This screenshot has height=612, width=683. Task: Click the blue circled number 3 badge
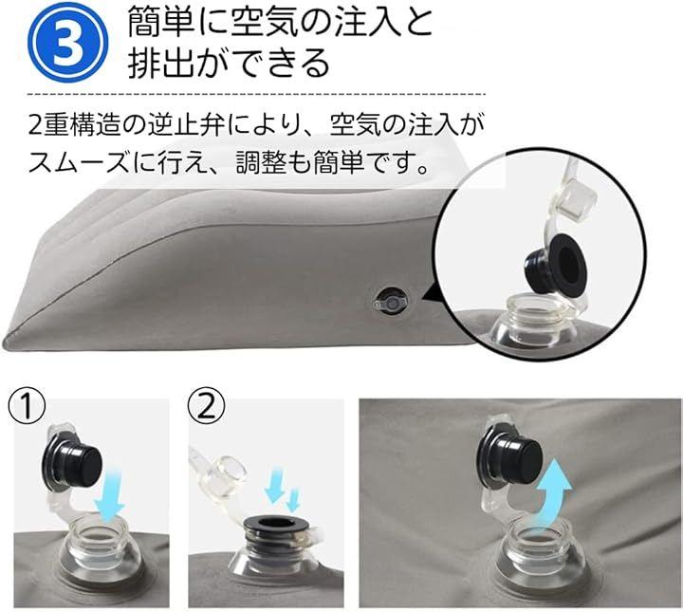pyautogui.click(x=68, y=44)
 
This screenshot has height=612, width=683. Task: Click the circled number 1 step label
pyautogui.click(x=27, y=406)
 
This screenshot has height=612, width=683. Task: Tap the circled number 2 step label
pyautogui.click(x=207, y=406)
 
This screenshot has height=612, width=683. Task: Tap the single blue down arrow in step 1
pyautogui.click(x=110, y=493)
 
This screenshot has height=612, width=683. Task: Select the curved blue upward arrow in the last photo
pyautogui.click(x=552, y=492)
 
